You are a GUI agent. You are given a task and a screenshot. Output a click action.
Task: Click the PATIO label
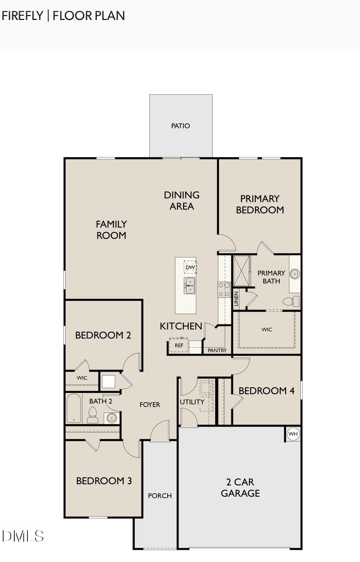[x=180, y=126]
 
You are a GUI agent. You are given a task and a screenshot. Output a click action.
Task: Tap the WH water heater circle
[x=293, y=434]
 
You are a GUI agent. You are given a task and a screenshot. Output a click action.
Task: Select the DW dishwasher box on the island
[x=190, y=267]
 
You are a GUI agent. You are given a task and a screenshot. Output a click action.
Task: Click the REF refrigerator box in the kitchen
[x=179, y=345]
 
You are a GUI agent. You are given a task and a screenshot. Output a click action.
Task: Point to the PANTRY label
[x=217, y=351]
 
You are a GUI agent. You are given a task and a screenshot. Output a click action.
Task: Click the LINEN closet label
[x=236, y=299]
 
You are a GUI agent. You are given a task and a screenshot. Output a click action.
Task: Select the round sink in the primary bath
[x=295, y=274]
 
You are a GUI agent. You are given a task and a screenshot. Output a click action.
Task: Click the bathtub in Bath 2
[x=73, y=408]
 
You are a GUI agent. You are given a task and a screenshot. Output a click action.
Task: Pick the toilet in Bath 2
[x=93, y=415]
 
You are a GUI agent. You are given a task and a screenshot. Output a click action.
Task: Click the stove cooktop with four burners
[x=224, y=289]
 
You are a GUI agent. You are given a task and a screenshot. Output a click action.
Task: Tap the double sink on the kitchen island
[x=189, y=285]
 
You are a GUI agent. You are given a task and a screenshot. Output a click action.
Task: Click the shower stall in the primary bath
[x=242, y=271]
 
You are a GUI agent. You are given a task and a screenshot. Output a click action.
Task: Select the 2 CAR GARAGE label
[x=240, y=487]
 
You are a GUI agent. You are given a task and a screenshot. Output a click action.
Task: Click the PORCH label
[x=160, y=496]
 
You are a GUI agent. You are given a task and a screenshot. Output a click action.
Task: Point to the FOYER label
[x=149, y=405]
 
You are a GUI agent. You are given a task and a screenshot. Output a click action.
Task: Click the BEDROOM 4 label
[x=267, y=391]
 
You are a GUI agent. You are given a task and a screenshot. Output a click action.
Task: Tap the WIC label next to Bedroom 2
[x=82, y=378]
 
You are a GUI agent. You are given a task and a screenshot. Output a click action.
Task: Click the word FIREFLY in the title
[x=22, y=16]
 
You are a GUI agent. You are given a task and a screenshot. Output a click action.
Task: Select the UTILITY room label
[x=192, y=402]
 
